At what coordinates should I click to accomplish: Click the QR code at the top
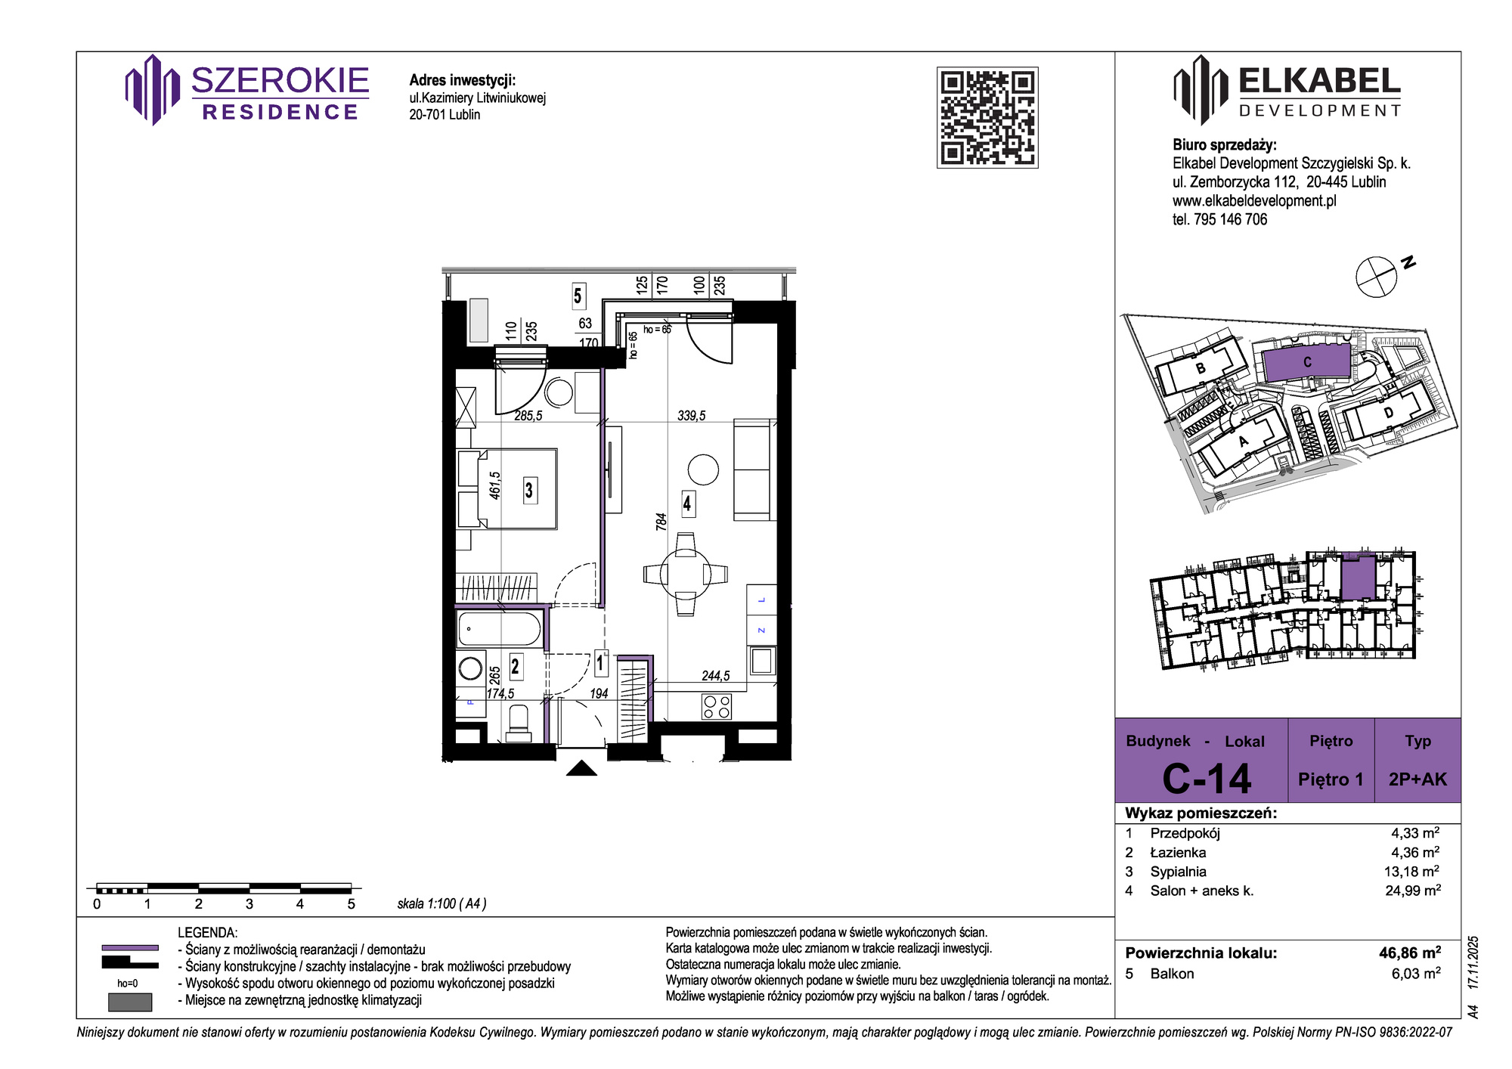[x=987, y=117]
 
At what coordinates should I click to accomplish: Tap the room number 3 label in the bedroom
[x=529, y=491]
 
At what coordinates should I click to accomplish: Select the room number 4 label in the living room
[x=687, y=504]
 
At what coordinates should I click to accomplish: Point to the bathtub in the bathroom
[x=500, y=629]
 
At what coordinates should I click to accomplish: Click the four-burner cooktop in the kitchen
[x=717, y=707]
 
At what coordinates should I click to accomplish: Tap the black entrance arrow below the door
[x=581, y=768]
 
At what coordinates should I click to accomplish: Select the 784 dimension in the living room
[x=661, y=522]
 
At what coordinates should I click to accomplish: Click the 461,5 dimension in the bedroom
[x=495, y=485]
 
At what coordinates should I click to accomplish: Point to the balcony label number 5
[x=578, y=296]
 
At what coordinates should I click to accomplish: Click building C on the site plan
[x=1306, y=362]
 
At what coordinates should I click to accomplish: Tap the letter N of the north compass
[x=1408, y=263]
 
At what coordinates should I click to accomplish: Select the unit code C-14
[x=1207, y=779]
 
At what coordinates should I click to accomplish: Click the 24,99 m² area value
[x=1413, y=890]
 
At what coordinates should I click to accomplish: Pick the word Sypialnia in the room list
[x=1179, y=872]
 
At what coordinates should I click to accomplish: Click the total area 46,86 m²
[x=1410, y=953]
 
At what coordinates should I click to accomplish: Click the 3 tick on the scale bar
[x=249, y=903]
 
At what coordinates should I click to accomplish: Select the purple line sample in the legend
[x=130, y=947]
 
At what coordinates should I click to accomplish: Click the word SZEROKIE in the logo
[x=280, y=80]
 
